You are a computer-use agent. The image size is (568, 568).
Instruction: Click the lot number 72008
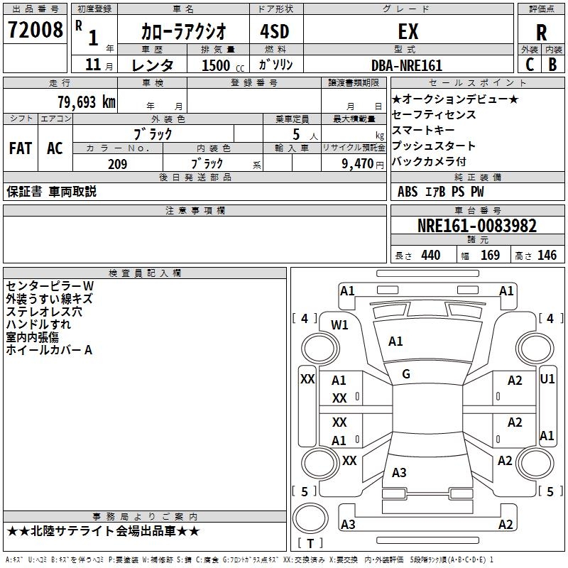pyautogui.click(x=35, y=31)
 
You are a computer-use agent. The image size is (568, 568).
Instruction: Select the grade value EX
pyautogui.click(x=408, y=32)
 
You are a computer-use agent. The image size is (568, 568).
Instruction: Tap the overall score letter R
pyautogui.click(x=542, y=32)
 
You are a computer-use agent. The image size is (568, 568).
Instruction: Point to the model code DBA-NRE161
pyautogui.click(x=407, y=65)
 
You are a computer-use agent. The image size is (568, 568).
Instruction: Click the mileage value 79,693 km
pyautogui.click(x=86, y=102)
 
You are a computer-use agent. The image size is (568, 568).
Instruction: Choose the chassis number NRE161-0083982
pyautogui.click(x=477, y=226)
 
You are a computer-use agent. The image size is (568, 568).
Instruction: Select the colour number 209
pyautogui.click(x=117, y=164)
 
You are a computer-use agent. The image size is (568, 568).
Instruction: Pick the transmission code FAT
pyautogui.click(x=20, y=148)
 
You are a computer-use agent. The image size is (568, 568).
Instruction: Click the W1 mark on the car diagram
pyautogui.click(x=340, y=325)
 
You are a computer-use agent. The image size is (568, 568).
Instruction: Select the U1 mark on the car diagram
pyautogui.click(x=547, y=379)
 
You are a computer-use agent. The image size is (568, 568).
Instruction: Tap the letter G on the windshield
pyautogui.click(x=406, y=374)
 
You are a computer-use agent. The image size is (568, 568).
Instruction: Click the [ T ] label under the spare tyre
pyautogui.click(x=310, y=544)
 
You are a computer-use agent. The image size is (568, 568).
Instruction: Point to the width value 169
pyautogui.click(x=490, y=256)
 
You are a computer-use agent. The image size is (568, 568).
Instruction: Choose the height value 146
pyautogui.click(x=547, y=256)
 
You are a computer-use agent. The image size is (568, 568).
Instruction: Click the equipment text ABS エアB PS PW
pyautogui.click(x=442, y=192)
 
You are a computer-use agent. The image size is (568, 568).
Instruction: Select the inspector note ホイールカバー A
pyautogui.click(x=49, y=350)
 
